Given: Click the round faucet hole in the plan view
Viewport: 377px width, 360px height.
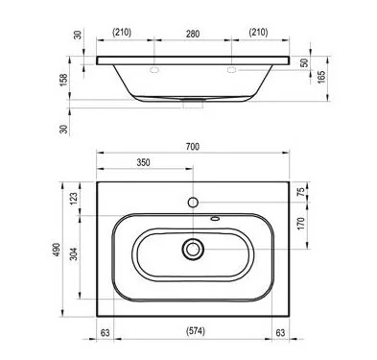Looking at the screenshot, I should [x=194, y=203].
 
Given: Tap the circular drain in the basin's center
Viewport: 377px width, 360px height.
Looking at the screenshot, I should [x=194, y=250].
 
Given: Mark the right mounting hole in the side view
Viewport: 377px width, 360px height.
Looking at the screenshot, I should [x=231, y=70].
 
